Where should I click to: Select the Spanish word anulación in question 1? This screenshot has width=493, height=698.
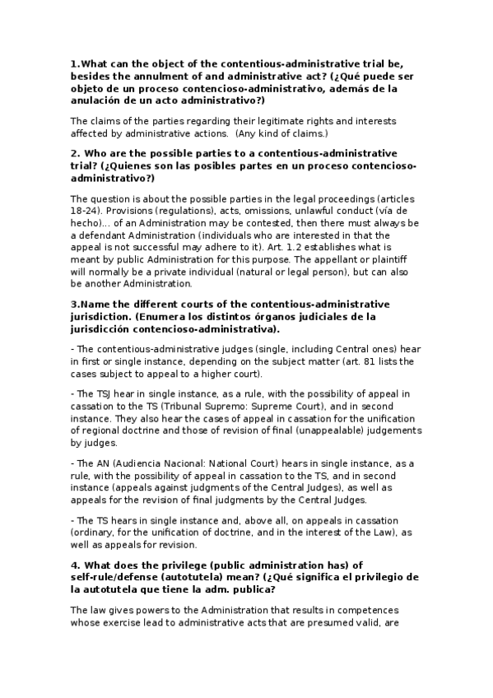click(100, 100)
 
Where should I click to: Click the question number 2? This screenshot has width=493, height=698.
click(75, 153)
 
